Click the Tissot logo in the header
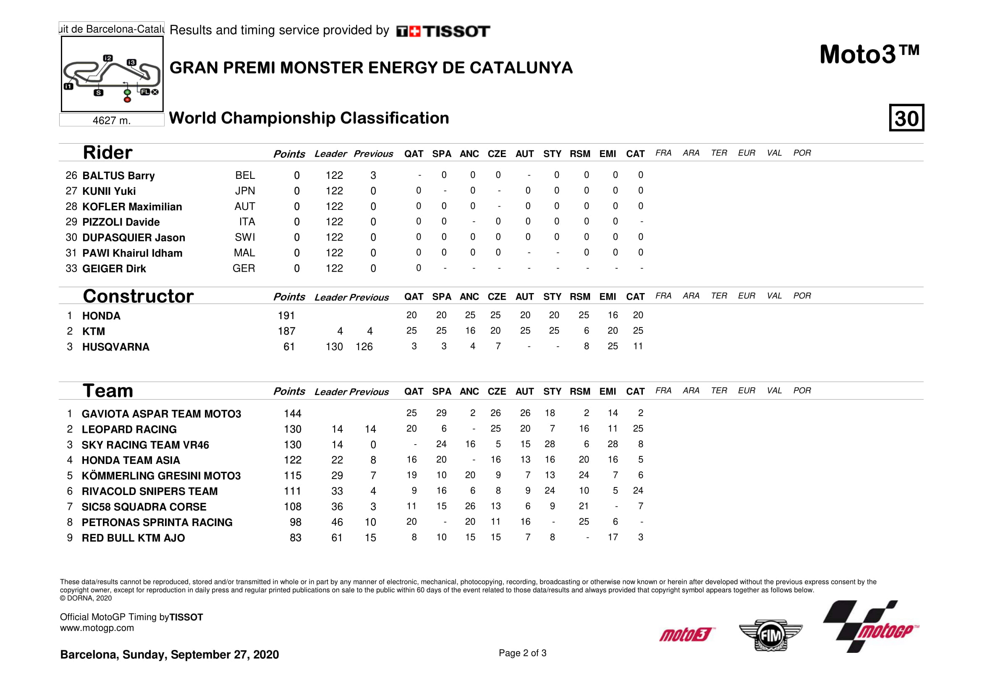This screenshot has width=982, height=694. [443, 31]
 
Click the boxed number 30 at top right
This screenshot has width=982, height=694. [906, 118]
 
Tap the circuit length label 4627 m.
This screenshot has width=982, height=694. [111, 120]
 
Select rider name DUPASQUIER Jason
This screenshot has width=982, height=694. [134, 238]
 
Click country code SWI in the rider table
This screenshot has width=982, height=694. [245, 237]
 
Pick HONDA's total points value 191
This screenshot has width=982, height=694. [286, 316]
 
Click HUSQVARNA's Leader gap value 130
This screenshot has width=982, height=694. [334, 347]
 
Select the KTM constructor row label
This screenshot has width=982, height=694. [93, 331]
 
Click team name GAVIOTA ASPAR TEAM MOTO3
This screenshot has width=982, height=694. [161, 414]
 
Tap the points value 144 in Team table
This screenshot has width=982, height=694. [293, 414]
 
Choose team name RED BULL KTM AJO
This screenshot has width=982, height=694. [133, 538]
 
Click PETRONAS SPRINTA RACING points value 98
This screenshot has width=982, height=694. [295, 522]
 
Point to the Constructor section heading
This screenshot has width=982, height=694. [138, 296]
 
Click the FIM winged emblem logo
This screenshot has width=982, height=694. [770, 635]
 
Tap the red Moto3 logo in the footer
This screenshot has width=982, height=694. [686, 635]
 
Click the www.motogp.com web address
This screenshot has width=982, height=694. [97, 628]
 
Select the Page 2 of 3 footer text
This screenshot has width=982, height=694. [522, 653]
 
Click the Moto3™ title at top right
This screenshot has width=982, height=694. [869, 55]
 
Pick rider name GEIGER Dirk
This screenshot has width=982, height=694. [114, 269]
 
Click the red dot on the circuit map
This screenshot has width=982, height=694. [127, 100]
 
